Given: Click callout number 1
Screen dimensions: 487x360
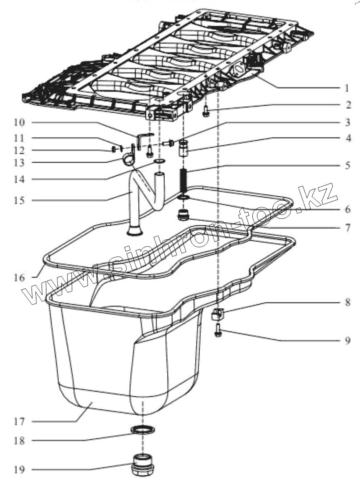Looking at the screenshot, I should pyautogui.click(x=346, y=88).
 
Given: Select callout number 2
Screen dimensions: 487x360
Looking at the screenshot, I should pyautogui.click(x=346, y=105).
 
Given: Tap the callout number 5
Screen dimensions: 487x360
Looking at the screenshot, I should pyautogui.click(x=346, y=166).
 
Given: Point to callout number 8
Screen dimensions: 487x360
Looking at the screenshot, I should pyautogui.click(x=346, y=302).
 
